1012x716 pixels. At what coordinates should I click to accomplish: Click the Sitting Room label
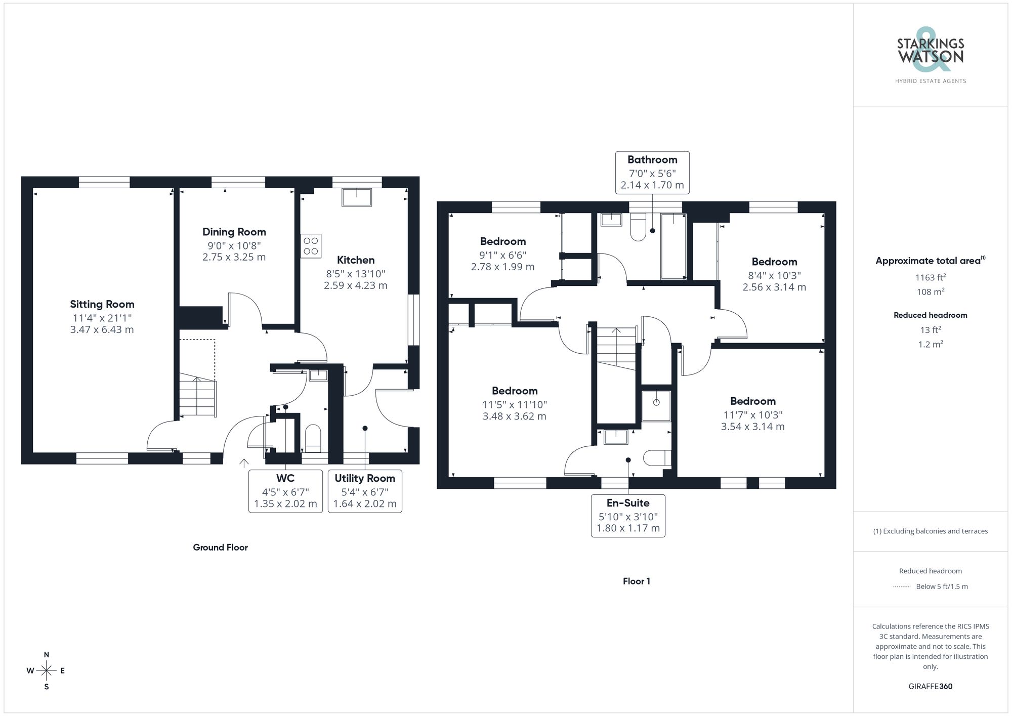click(102, 304)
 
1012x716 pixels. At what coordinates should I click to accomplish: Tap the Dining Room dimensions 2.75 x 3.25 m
click(234, 257)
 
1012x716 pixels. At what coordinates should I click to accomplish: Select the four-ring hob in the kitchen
click(311, 246)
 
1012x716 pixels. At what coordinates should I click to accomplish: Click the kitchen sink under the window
click(357, 197)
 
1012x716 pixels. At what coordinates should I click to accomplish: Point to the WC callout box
click(285, 491)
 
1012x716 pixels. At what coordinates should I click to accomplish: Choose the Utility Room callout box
click(365, 491)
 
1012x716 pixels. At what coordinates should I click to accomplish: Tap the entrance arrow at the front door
click(244, 462)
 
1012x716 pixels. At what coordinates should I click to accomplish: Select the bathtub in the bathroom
click(673, 246)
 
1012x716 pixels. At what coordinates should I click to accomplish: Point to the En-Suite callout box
click(628, 515)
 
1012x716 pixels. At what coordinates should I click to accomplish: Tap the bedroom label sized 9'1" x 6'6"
click(503, 241)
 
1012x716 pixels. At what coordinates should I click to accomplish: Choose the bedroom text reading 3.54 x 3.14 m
click(752, 427)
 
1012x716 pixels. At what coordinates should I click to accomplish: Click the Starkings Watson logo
click(931, 56)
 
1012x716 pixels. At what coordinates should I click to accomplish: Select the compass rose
click(47, 671)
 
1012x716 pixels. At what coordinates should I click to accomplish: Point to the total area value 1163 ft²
click(930, 277)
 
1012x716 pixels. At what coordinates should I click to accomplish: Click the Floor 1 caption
click(636, 581)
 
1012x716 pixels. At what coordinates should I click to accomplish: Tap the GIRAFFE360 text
click(930, 686)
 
